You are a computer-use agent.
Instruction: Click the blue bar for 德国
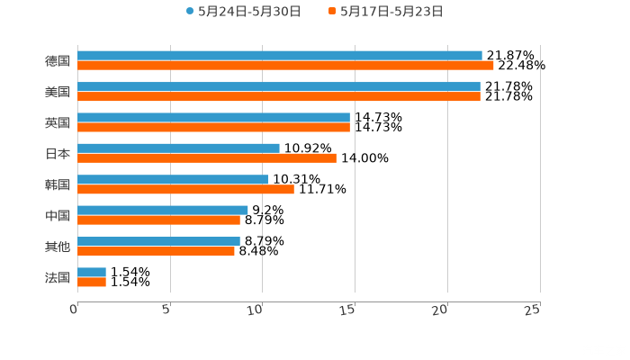[279, 56]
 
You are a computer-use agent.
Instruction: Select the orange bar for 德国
[285, 66]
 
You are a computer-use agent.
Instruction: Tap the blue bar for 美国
[278, 86]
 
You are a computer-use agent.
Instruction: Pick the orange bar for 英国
[213, 127]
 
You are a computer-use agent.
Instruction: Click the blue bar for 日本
[178, 148]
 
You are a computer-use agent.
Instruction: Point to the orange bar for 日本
[207, 158]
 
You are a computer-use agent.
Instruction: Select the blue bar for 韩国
[173, 179]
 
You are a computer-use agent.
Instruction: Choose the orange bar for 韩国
[185, 189]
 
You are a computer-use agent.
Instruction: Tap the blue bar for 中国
[163, 210]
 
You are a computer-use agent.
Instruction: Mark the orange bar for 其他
[156, 251]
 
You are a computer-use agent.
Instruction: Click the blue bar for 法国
[92, 272]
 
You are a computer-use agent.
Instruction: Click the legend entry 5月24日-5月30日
[243, 12]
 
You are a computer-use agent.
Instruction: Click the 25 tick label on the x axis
[533, 310]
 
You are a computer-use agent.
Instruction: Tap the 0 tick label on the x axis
[75, 310]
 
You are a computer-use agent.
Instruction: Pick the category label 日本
[58, 153]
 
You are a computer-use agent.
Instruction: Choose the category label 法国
[58, 277]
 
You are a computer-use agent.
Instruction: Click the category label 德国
[58, 61]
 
